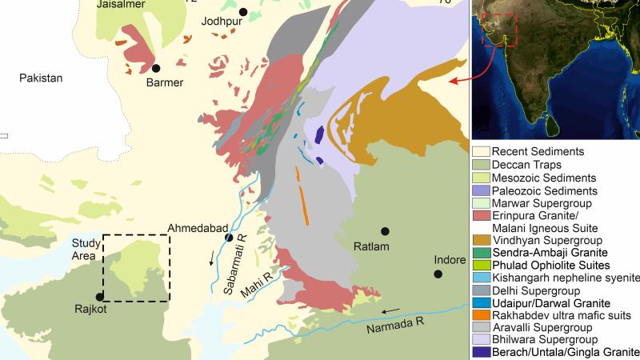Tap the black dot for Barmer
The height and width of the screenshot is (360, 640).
tap(157, 69)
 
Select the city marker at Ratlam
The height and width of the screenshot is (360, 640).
tap(386, 231)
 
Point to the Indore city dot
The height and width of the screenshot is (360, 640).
tap(438, 274)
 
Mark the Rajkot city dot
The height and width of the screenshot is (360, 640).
tap(99, 297)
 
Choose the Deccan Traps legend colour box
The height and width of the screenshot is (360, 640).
tap(480, 165)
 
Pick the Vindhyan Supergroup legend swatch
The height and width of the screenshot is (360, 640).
tap(480, 239)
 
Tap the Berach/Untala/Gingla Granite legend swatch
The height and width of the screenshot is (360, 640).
tap(480, 352)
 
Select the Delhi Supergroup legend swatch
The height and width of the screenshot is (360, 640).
tap(480, 290)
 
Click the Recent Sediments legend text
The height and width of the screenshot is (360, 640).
tap(537, 151)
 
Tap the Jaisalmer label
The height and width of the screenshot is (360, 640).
tap(120, 5)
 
